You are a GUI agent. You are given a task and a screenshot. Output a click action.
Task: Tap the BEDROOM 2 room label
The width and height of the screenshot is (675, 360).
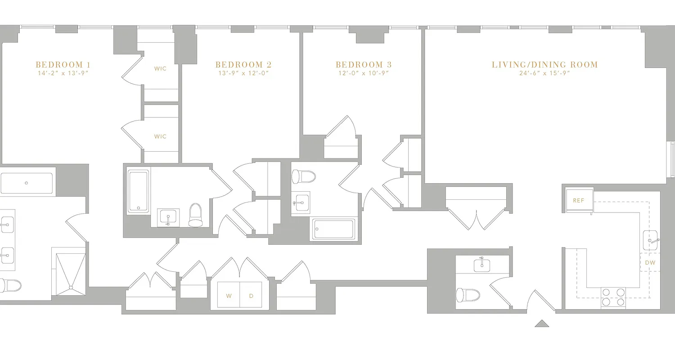pos(243,65)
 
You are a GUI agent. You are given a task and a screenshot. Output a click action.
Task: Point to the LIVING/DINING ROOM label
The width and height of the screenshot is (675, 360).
pos(544,65)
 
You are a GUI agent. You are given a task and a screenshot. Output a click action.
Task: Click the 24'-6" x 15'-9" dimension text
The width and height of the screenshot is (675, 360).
pos(544,73)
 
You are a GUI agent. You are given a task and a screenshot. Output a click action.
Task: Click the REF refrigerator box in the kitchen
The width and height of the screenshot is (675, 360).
pos(578,201)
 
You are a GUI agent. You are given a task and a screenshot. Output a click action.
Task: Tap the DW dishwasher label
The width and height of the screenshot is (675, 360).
pos(650,263)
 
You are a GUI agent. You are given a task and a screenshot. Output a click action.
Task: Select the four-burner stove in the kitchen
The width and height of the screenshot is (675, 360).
pos(613,297)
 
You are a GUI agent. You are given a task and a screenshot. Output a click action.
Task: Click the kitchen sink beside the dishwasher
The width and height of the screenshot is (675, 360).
pos(650,240)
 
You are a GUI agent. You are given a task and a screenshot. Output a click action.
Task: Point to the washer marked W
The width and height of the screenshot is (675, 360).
pos(229,296)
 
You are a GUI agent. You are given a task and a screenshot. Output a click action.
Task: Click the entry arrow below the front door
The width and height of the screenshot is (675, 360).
pos(542,323)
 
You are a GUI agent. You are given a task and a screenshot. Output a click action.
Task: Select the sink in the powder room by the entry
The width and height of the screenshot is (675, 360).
pos(482,265)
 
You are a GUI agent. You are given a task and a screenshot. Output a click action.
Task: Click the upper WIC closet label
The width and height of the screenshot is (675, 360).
pos(160,69)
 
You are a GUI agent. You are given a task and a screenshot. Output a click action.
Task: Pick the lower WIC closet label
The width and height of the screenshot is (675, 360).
pos(160,136)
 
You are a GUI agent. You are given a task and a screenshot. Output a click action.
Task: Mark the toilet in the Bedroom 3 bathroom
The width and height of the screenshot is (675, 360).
pos(300,176)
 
